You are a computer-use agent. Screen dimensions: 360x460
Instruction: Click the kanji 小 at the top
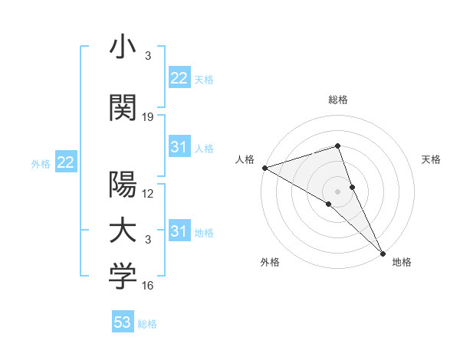pos(123,47)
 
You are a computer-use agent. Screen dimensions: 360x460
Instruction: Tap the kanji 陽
pos(123,185)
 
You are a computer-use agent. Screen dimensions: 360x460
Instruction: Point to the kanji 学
pos(123,278)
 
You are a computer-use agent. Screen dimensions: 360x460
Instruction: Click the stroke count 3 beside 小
pos(147,56)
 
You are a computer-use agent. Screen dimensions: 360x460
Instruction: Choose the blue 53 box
pos(123,322)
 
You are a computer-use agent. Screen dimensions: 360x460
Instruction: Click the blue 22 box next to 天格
pos(179,78)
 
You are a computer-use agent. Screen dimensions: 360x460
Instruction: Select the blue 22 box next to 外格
pos(65,162)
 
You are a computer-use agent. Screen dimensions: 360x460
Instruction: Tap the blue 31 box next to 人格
pos(179,147)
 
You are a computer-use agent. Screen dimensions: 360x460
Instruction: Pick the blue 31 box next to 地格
pos(179,231)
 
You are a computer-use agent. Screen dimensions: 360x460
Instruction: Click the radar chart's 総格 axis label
pos(338,100)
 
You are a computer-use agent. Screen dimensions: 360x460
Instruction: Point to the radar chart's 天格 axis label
pos(432,159)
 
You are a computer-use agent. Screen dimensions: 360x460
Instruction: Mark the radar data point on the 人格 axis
pos(264,168)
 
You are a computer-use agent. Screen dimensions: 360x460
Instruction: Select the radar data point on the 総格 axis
pos(338,146)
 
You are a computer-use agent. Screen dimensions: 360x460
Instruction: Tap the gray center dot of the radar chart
pos(338,191)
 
